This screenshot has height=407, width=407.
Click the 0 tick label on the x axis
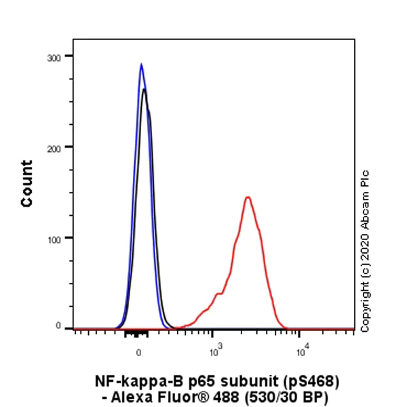click(138, 351)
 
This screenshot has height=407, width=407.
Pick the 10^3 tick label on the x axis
click(216, 351)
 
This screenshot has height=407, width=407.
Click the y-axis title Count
click(27, 184)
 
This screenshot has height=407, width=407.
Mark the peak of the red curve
click(248, 197)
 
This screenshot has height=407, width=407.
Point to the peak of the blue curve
click(141, 64)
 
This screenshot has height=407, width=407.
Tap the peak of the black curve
click(144, 90)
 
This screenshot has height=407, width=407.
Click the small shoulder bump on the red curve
click(218, 294)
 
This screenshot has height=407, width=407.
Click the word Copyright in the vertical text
click(366, 307)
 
